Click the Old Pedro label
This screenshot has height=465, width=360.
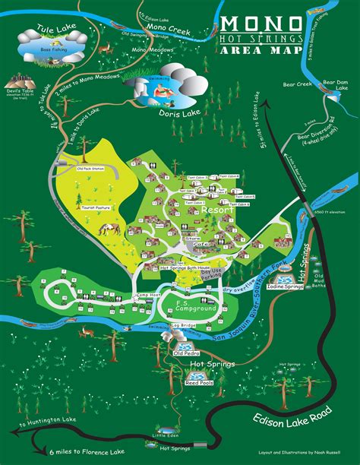[187, 353]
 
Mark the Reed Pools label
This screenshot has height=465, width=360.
[197, 383]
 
